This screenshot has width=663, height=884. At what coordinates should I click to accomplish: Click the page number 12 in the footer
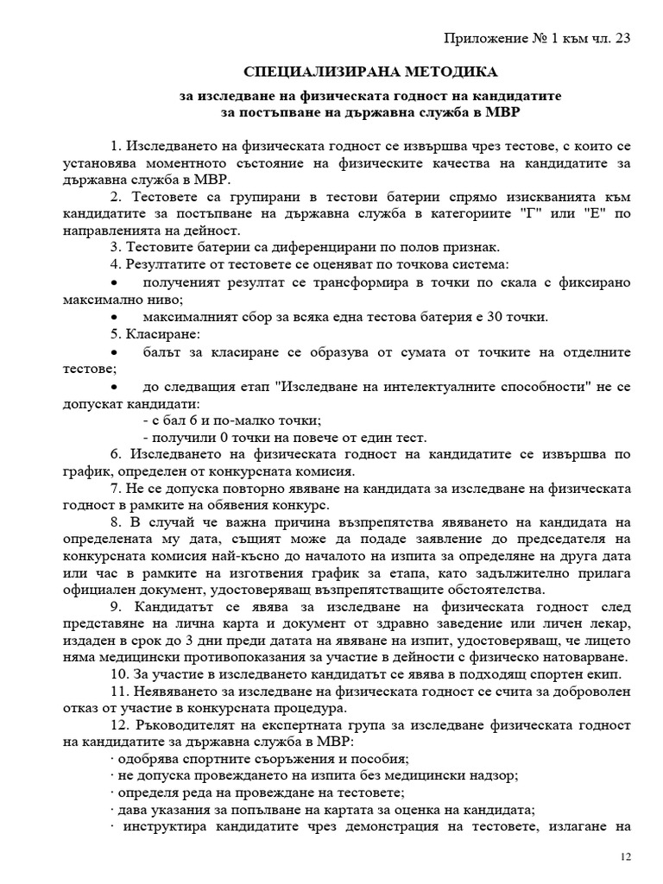tap(627, 856)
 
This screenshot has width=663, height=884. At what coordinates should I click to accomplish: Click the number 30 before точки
tap(496, 316)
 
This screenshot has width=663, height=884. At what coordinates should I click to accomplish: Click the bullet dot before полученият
tap(117, 283)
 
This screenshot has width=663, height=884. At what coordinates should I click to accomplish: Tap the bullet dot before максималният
tap(117, 317)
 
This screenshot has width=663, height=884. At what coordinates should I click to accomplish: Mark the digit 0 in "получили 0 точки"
tap(218, 437)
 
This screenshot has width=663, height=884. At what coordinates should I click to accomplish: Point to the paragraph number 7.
tap(116, 488)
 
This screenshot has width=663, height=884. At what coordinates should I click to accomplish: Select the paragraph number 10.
tap(119, 675)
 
